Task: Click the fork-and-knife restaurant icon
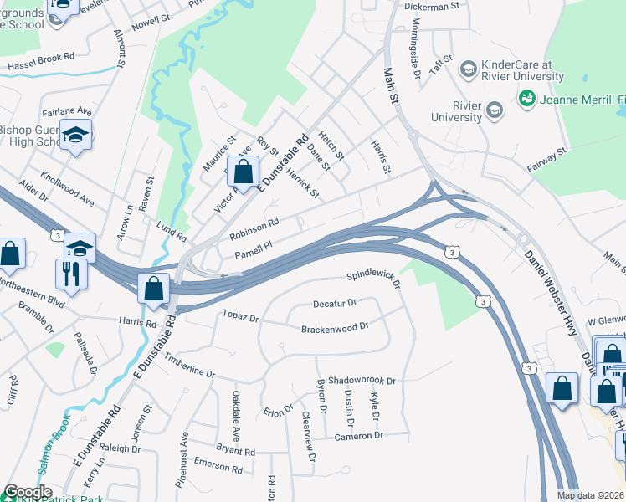(x=69, y=273)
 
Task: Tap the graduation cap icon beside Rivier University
(x=494, y=110)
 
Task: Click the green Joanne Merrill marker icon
(x=527, y=99)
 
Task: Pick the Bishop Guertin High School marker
(x=76, y=136)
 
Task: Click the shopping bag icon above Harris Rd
(x=155, y=289)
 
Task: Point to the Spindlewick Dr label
(x=375, y=277)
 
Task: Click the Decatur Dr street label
(x=335, y=303)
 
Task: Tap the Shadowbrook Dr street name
(x=362, y=380)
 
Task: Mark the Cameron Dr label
(x=358, y=436)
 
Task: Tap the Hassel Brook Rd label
(x=41, y=64)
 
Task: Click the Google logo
(x=28, y=493)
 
